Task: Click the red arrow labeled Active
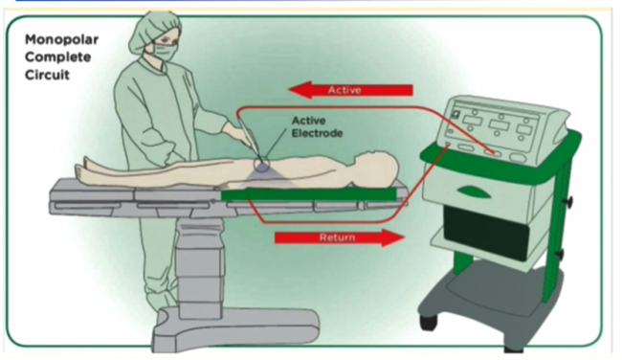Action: pos(350,90)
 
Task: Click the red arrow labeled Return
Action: pos(340,237)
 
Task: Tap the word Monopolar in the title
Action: pos(61,39)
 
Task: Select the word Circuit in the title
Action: pos(47,75)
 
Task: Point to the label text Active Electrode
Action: pos(317,126)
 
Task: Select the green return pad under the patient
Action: pos(309,194)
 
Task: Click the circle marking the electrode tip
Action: pos(261,164)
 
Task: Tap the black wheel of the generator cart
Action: pos(428,322)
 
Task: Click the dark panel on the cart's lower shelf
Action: pos(487,234)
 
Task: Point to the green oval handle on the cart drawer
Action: pos(474,191)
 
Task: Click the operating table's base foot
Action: pos(236,329)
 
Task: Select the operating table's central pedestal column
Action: pos(199,269)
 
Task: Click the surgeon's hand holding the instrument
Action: pos(237,132)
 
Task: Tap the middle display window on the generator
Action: pos(499,125)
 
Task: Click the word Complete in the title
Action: pos(58,57)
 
